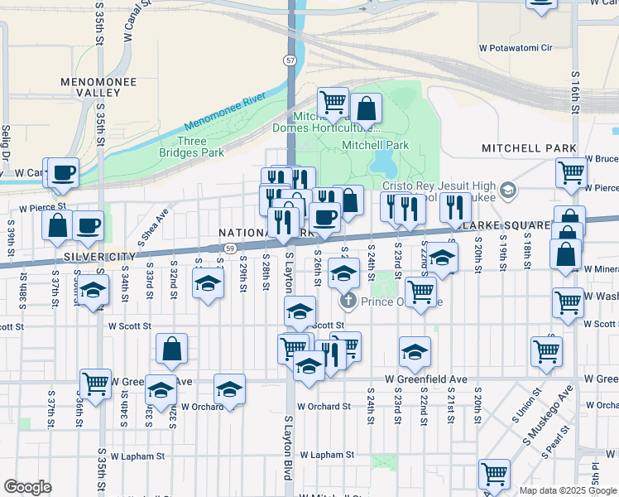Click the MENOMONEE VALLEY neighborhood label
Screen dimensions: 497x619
tap(92, 88)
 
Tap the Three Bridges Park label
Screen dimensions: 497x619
tap(192, 147)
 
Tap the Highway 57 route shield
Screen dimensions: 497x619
tap(289, 60)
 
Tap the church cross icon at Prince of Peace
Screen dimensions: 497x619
tap(348, 300)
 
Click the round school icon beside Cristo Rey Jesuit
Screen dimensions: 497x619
tap(508, 191)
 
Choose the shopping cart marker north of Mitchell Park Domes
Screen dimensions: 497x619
tap(333, 102)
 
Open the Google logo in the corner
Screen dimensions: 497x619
tap(27, 487)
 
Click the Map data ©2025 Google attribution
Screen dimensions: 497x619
tap(568, 490)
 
